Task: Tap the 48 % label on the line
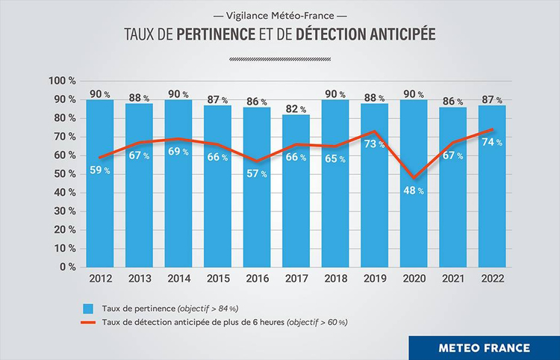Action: tap(415, 190)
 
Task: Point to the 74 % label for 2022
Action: tap(494, 142)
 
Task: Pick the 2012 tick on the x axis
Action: tap(100, 279)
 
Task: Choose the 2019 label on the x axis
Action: tap(376, 279)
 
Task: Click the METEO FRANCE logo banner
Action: tap(485, 348)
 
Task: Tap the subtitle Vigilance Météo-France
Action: tap(280, 14)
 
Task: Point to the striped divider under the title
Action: tap(279, 58)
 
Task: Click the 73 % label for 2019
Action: tap(376, 144)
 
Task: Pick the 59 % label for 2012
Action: tap(100, 170)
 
